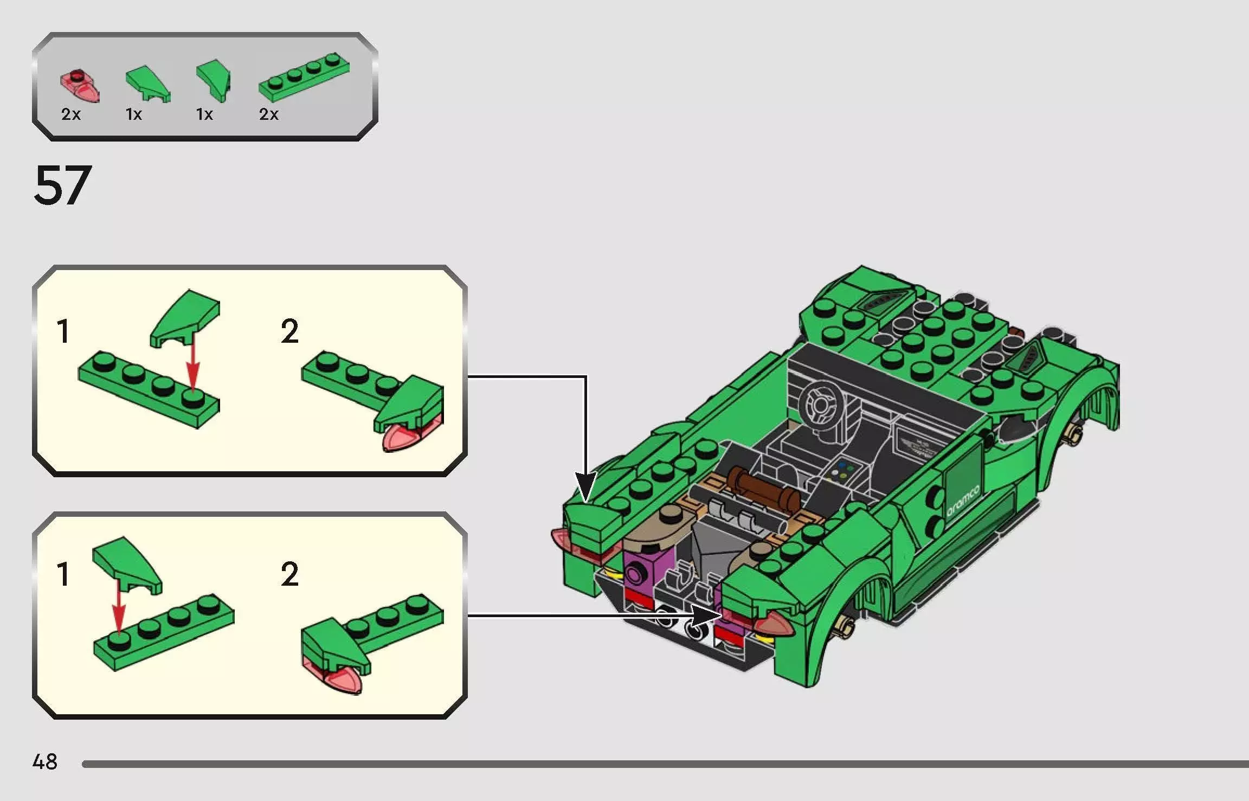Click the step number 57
(x=62, y=185)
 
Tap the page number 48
(x=44, y=761)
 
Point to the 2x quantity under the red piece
(x=70, y=114)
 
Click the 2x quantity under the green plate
(x=268, y=114)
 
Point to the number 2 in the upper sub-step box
(x=289, y=331)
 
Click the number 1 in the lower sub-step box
(x=63, y=574)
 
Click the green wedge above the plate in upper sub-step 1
(x=186, y=317)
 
